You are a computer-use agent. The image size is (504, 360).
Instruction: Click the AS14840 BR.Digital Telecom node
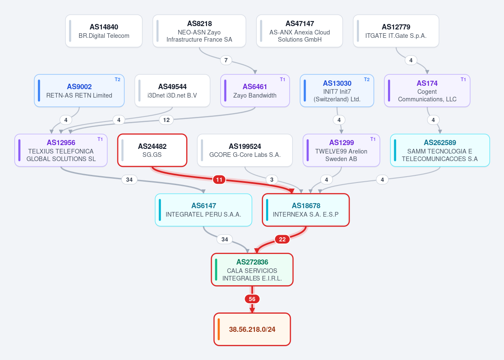point(104,31)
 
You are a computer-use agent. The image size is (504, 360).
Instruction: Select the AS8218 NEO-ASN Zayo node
point(199,31)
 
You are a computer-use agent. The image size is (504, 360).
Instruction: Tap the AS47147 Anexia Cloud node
point(300,31)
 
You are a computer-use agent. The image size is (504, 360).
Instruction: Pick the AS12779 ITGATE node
point(396,31)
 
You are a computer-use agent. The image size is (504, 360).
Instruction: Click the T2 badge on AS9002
point(118,79)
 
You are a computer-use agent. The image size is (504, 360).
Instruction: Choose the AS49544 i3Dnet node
point(172,91)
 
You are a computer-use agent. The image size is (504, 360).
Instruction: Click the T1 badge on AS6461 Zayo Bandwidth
point(282,79)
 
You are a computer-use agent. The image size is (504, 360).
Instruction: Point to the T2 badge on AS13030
point(367,79)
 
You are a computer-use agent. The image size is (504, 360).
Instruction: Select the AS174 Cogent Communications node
point(427,91)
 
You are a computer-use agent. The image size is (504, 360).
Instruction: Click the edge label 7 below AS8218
point(226,60)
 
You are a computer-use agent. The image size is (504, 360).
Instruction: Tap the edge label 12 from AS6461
point(166,120)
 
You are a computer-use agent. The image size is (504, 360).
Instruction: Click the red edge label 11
point(219,180)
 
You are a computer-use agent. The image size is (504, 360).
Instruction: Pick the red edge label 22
point(282,239)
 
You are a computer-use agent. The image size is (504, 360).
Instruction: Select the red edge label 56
point(252,299)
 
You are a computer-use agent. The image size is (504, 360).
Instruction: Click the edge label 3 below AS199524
point(272,180)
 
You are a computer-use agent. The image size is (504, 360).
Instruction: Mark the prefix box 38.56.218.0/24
point(252,329)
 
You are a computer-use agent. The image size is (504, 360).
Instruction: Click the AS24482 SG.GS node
point(152,150)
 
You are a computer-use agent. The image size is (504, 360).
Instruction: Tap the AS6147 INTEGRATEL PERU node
point(203,210)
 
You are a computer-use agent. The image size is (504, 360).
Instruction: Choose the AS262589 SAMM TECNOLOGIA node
point(440,150)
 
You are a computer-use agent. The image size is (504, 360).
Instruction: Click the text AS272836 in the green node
point(252,262)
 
